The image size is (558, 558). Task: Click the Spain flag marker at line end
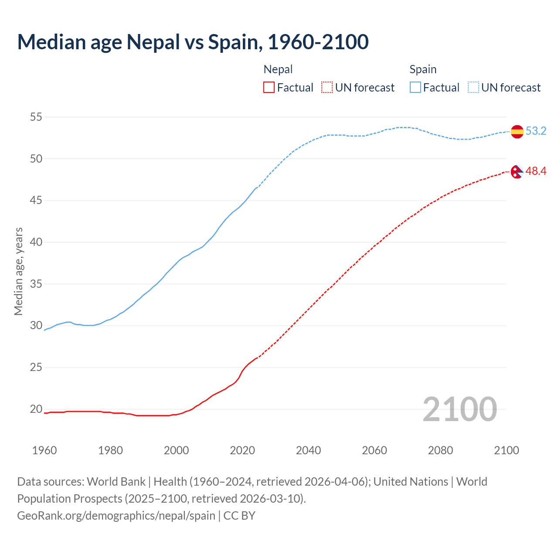click(x=517, y=131)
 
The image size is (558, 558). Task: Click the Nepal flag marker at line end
click(x=517, y=172)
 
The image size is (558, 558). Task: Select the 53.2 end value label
click(x=536, y=131)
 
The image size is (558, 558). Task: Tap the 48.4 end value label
click(x=536, y=171)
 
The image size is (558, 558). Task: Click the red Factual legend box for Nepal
click(x=269, y=88)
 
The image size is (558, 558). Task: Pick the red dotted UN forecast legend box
click(x=327, y=88)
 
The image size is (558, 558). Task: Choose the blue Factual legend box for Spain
click(x=415, y=88)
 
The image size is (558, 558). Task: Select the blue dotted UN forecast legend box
click(x=473, y=88)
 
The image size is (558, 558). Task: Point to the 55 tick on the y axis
click(x=36, y=117)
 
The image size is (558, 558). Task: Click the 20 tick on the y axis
click(x=36, y=409)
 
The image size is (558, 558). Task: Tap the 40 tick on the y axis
click(x=36, y=242)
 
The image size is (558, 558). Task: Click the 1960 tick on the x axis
click(x=44, y=450)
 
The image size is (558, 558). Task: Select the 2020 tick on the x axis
click(x=242, y=450)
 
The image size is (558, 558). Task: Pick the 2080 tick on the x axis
click(x=440, y=450)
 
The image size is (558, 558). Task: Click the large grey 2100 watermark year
click(x=459, y=409)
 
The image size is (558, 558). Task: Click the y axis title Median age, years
click(x=18, y=271)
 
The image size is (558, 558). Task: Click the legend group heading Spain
click(x=423, y=69)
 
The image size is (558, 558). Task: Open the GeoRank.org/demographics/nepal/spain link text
click(x=116, y=515)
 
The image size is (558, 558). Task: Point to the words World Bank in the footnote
click(x=116, y=482)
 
